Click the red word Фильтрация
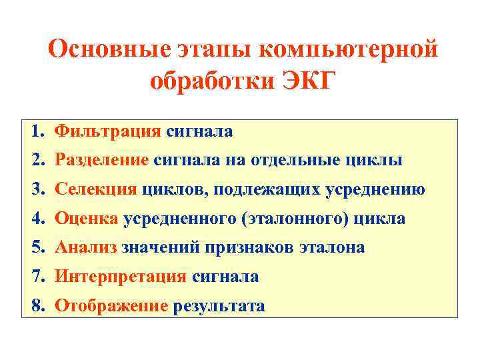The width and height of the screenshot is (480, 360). tap(108, 131)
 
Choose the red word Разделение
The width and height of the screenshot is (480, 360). tap(102, 161)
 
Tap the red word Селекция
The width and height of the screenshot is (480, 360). tap(96, 189)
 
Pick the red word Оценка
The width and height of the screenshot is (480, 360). tap(87, 219)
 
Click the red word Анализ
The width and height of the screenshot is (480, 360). tap(86, 247)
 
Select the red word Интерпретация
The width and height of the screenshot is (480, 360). tap(121, 276)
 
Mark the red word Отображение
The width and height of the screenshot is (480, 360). tap(111, 305)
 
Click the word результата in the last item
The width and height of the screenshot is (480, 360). tap(219, 305)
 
